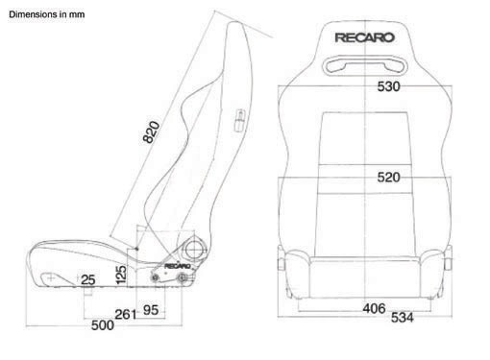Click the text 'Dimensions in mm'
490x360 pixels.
(47, 14)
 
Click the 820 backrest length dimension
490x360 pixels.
(151, 132)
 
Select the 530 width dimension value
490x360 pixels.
(388, 86)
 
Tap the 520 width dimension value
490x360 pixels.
(388, 178)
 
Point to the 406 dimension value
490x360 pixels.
(374, 308)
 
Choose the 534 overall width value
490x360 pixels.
(403, 318)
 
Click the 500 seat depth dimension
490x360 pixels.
(103, 325)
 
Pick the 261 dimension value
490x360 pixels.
(126, 314)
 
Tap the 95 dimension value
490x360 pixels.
(151, 310)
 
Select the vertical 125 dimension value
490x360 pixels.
(121, 275)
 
